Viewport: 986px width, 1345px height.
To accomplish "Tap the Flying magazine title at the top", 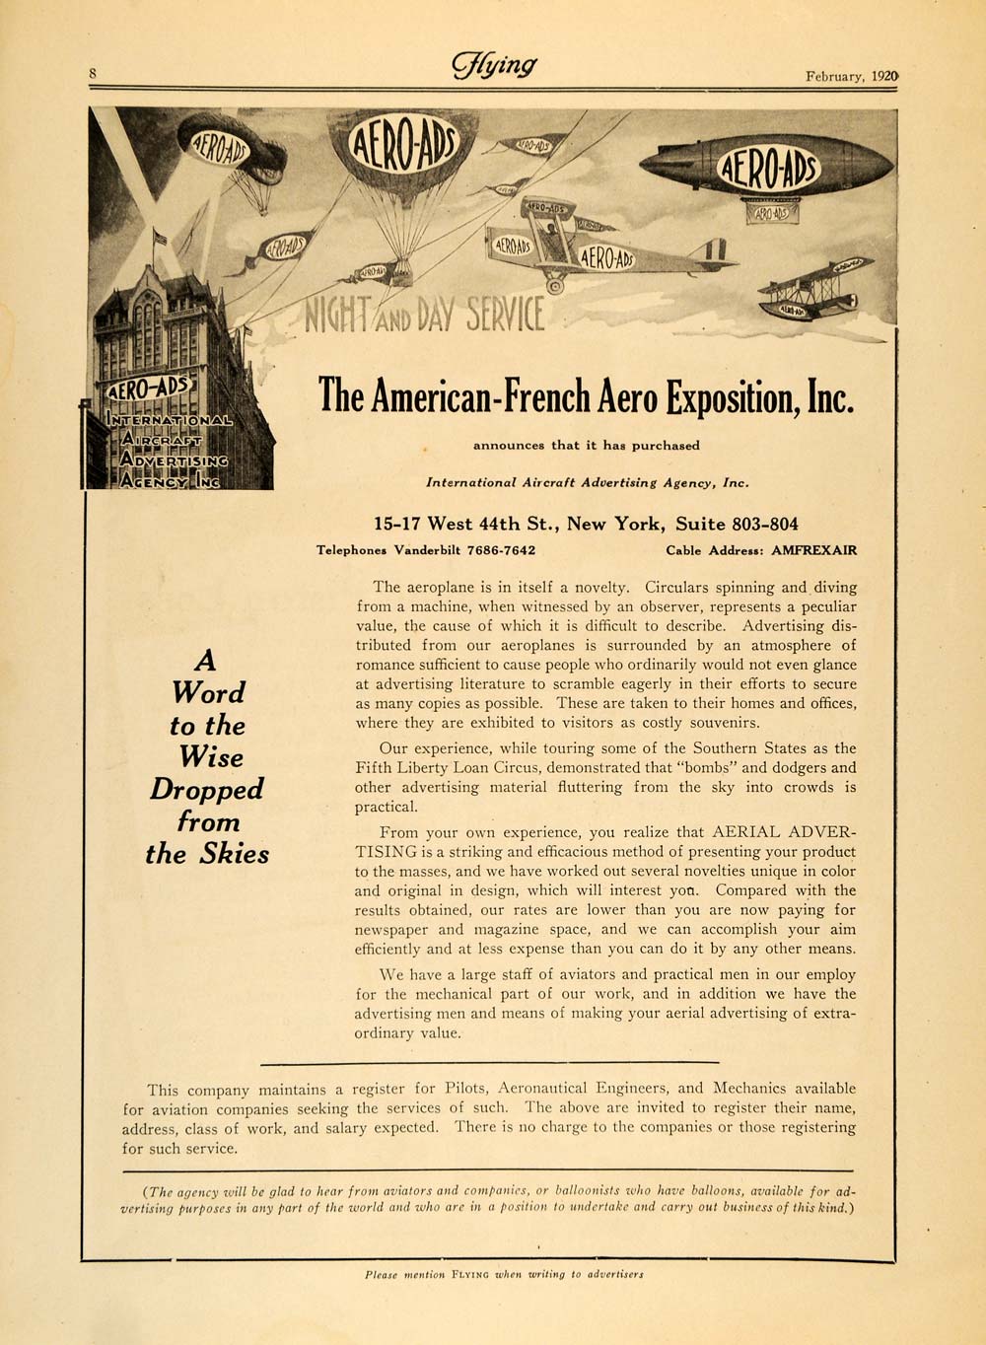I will tap(494, 66).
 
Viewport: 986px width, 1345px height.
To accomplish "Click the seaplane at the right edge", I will tap(814, 291).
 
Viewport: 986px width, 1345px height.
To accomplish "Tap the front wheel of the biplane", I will tap(555, 285).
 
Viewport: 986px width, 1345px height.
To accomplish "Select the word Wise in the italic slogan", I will tap(211, 757).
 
